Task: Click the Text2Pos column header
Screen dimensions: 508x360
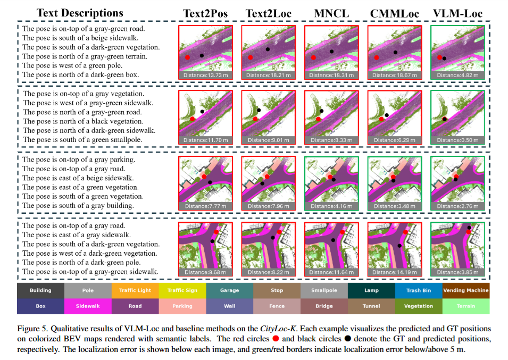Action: coord(205,13)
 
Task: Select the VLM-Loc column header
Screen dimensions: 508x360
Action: coord(457,13)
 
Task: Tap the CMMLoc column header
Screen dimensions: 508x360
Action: coord(394,13)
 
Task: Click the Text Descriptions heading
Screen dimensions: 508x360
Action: coord(80,13)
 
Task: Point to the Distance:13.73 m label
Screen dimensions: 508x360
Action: coord(205,75)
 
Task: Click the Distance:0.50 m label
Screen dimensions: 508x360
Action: coord(457,140)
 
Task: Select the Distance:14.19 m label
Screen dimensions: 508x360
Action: coord(394,272)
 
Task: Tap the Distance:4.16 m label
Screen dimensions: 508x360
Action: coord(331,206)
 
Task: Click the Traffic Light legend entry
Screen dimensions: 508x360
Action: coord(135,290)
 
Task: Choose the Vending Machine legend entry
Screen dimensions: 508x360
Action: coord(466,290)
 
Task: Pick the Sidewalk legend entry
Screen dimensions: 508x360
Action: coord(88,306)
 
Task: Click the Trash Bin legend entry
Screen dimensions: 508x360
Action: coord(419,290)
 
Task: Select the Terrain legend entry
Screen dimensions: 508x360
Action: coord(466,306)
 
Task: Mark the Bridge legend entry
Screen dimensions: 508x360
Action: coord(324,306)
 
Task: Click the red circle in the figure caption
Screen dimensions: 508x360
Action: coord(276,339)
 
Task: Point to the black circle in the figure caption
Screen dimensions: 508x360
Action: coord(348,339)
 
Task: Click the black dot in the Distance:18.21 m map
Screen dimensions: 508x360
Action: coord(268,49)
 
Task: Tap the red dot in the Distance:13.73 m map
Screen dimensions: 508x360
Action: coord(188,57)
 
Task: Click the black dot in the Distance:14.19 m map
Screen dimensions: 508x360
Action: coord(399,246)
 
